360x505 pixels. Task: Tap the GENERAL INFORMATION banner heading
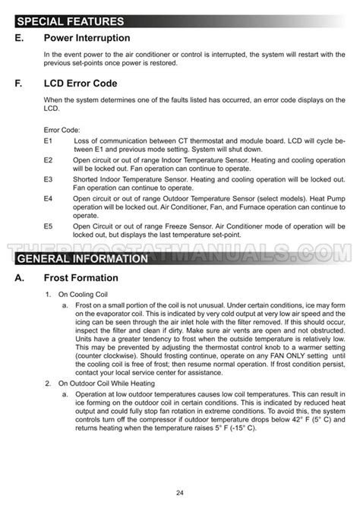tap(83, 259)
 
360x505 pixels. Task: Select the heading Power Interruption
tap(87, 38)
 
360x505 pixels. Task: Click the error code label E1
tap(48, 141)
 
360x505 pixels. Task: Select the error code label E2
tap(48, 160)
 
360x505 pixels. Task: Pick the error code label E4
tap(48, 197)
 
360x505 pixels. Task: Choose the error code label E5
tap(48, 226)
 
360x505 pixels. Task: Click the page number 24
tap(180, 493)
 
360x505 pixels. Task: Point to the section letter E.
tap(18, 38)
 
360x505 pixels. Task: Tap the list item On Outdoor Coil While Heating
tap(106, 383)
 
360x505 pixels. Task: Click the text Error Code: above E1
tap(62, 131)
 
